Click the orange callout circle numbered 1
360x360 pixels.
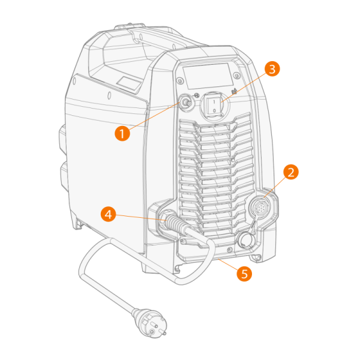(x=122, y=133)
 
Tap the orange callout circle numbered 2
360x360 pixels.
(x=291, y=172)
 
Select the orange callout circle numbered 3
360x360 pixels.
(x=272, y=69)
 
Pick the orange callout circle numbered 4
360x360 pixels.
(x=109, y=214)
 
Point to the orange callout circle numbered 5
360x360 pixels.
(x=244, y=274)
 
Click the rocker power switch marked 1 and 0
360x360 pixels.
(x=214, y=106)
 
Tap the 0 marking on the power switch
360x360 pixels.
(x=214, y=111)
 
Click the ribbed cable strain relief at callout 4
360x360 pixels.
(x=176, y=223)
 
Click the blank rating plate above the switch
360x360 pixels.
(x=208, y=76)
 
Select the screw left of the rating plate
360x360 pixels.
(x=180, y=80)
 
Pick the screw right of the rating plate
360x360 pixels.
(x=236, y=75)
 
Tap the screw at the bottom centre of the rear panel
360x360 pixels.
(x=229, y=250)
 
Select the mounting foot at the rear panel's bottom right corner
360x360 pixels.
(x=256, y=257)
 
